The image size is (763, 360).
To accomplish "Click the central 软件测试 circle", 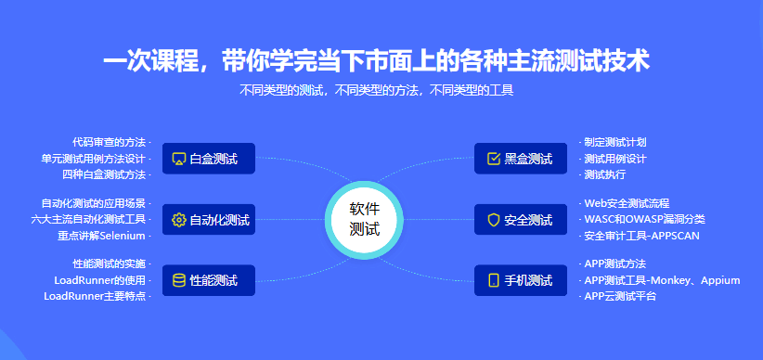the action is pos(364,221).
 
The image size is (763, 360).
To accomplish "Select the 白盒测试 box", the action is pos(209,158).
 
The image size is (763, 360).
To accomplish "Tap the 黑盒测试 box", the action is pos(521,158).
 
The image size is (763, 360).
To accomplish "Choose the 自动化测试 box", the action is pos(209,219).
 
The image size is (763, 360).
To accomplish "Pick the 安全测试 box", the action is pos(521,219).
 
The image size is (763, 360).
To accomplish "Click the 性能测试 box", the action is pos(209,280).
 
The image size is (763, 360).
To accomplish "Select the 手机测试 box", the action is pos(521,280).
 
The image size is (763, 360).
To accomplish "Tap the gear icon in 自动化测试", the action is pos(179,220).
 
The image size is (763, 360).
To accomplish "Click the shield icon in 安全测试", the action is pos(494,220).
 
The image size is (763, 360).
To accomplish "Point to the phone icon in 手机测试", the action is pos(494,280).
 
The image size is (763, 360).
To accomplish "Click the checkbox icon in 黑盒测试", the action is pos(494,159).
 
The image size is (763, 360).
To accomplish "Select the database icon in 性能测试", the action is pos(179,280).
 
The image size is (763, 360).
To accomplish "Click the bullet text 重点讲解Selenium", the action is pos(102,236).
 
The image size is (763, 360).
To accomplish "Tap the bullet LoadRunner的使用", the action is pos(99,280).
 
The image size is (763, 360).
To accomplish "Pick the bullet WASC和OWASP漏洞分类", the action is pos(645,219).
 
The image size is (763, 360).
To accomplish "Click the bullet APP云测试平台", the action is pos(620,296).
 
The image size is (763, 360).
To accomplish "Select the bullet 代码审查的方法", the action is pos(109,143).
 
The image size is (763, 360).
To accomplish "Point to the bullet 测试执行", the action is pos(605,174).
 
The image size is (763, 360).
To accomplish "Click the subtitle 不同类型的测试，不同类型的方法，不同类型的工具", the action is pos(377,90).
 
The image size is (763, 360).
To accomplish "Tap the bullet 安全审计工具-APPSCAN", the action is pos(641,236).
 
